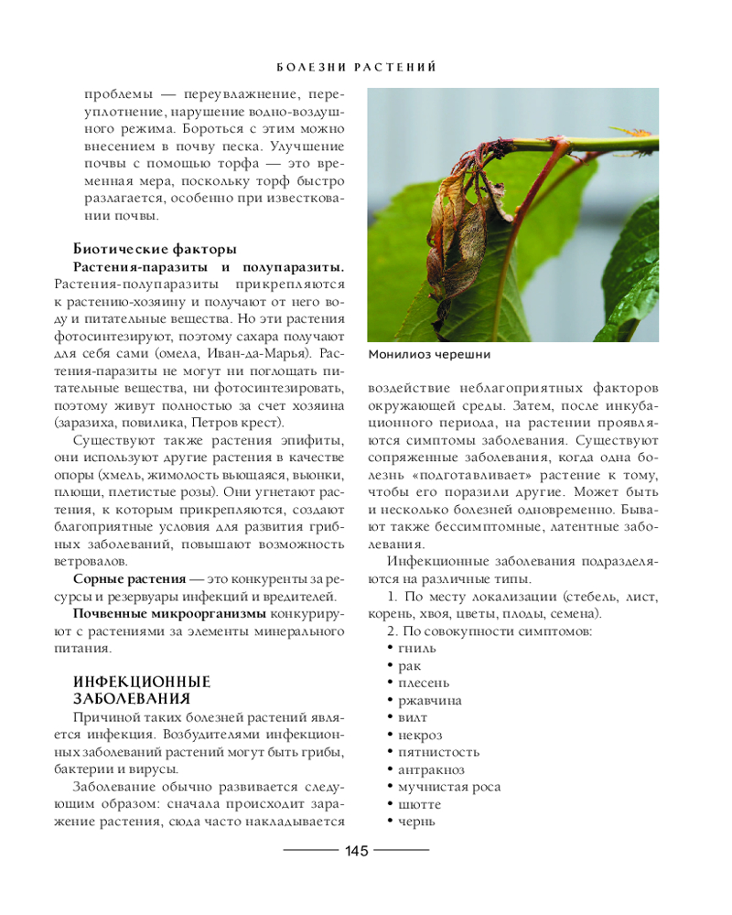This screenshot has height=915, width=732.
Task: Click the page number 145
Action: pos(356,851)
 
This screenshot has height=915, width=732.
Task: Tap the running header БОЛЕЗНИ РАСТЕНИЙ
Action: pos(355,68)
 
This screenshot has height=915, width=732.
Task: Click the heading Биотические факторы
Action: pos(155,249)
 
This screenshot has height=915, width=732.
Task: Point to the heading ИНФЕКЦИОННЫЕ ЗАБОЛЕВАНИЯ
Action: pos(142,690)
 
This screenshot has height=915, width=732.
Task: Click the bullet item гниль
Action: pos(417,648)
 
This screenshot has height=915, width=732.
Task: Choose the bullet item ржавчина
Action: pos(429,700)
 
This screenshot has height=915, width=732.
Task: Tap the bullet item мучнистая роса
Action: pos(449,787)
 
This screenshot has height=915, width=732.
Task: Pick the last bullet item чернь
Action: pos(416,822)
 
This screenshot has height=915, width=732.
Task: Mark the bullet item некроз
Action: pos(420,735)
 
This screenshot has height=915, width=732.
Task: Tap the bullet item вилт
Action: pos(413,717)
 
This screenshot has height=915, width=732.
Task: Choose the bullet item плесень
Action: pos(424,683)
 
